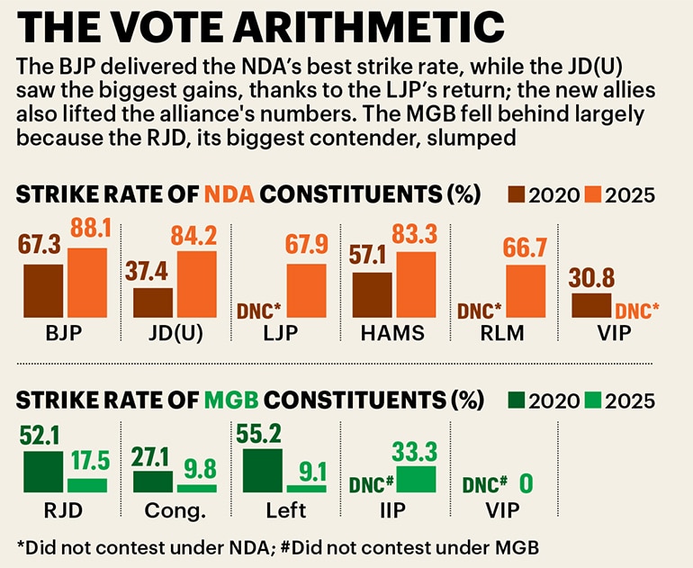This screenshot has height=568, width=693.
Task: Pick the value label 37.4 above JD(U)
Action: coord(148,273)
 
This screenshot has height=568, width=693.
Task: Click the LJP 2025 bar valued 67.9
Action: coord(306,292)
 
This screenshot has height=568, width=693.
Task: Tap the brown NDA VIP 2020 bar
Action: coord(591,306)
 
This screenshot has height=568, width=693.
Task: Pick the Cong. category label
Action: coord(175,510)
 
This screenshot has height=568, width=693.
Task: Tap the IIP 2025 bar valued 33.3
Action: coord(416,479)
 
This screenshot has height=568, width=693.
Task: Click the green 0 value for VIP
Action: coord(526,484)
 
